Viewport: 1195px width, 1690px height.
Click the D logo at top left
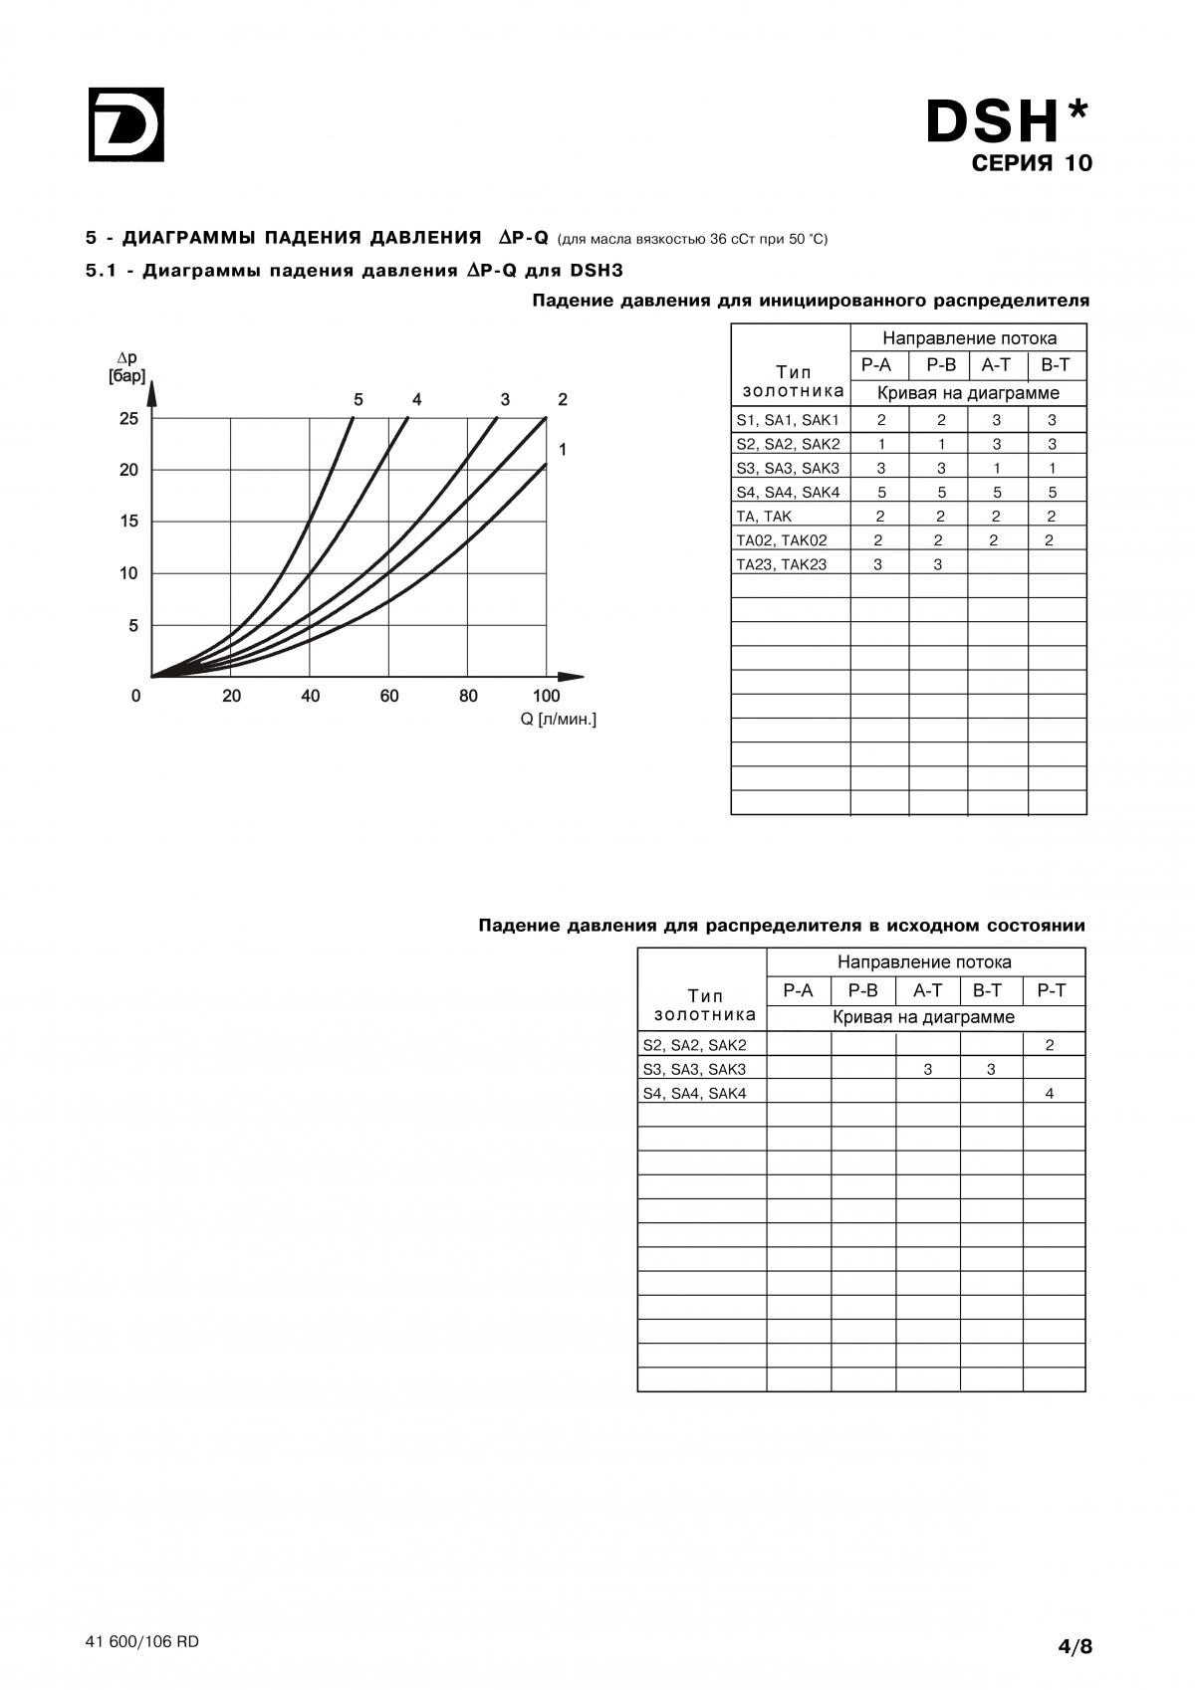(126, 124)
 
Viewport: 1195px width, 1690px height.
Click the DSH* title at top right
(1006, 121)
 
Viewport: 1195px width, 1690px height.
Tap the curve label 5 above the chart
(358, 399)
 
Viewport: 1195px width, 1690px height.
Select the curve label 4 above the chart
(416, 399)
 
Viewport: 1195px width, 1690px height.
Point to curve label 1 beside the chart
(563, 449)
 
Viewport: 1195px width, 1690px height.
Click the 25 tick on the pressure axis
(128, 418)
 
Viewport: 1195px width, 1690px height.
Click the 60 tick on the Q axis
(388, 696)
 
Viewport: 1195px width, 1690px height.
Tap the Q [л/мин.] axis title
(558, 720)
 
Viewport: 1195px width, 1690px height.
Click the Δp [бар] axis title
(126, 367)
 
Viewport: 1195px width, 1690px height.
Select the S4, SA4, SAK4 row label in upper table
(788, 492)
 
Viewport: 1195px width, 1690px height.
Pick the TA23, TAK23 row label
(782, 563)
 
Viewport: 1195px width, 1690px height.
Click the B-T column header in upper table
(1056, 365)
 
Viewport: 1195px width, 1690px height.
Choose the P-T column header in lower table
(1052, 989)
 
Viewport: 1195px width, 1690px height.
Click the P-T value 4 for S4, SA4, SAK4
(1050, 1093)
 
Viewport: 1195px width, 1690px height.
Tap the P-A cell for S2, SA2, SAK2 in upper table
(880, 444)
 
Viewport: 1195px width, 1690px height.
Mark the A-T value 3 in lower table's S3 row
(927, 1069)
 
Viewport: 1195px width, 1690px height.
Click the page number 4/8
(1075, 1646)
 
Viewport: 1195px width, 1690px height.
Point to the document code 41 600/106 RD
(142, 1642)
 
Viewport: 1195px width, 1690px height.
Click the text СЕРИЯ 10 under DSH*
(1032, 163)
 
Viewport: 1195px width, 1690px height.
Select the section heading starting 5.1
(354, 271)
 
